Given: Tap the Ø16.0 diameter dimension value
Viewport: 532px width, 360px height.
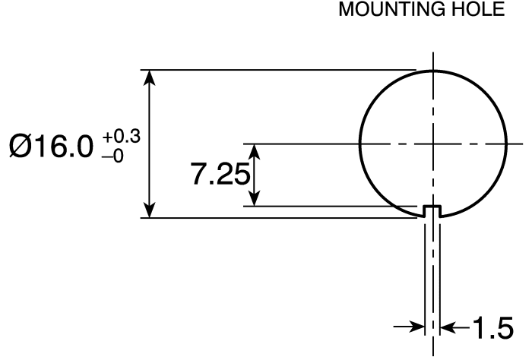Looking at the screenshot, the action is pos(51,147).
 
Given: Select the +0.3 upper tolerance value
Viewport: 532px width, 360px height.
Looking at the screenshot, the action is pos(122,137).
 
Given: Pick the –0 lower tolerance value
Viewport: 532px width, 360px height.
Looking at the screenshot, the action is pos(112,156).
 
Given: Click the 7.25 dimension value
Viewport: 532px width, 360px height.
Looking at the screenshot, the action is pos(220,174).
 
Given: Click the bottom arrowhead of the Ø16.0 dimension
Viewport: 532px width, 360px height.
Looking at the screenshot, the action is pos(150,210).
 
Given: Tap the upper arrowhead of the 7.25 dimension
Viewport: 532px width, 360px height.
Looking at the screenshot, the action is pos(255,152).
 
